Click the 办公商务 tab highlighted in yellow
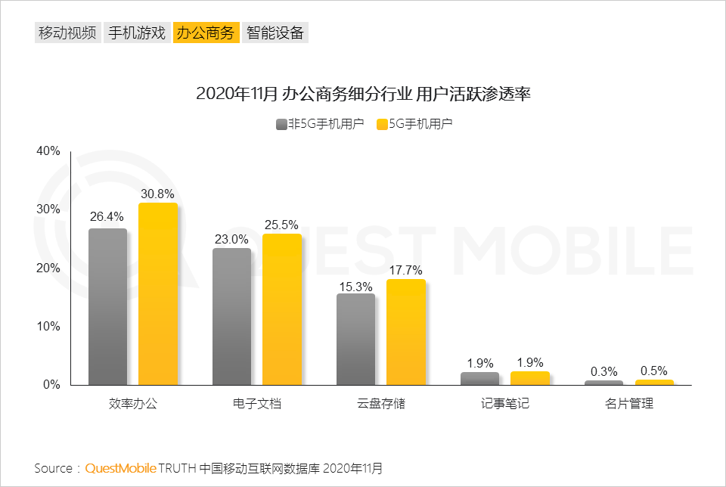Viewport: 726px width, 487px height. coord(206,33)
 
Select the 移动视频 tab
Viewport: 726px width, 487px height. coord(67,33)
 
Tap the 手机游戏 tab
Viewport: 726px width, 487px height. coord(136,33)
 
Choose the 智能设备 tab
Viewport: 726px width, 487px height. coord(275,33)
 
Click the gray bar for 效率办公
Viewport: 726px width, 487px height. coord(107,306)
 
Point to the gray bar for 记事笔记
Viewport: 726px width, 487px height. coord(479,378)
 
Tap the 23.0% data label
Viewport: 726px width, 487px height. coord(231,239)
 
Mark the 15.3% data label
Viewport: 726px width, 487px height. coord(355,287)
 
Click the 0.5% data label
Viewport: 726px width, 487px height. coord(653,371)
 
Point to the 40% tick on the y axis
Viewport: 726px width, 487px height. coord(48,150)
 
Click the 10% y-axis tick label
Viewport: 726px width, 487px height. coord(48,326)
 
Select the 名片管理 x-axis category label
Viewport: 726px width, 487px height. coord(628,404)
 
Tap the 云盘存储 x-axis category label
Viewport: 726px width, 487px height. coord(380,404)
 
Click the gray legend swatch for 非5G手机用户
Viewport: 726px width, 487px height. coord(281,124)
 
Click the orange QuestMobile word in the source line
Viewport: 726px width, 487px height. coord(120,468)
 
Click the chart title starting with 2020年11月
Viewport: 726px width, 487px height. coord(363,95)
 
